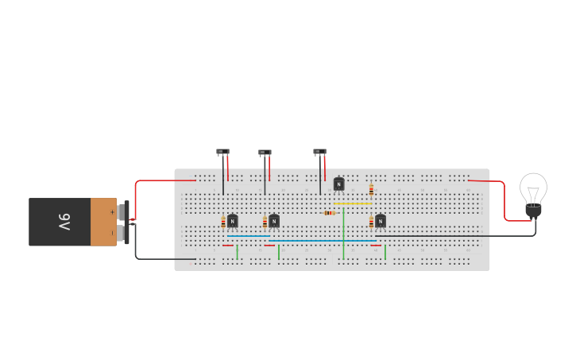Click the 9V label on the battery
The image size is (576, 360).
[x=64, y=221]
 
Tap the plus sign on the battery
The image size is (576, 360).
[x=112, y=211]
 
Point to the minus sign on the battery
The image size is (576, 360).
[x=112, y=232]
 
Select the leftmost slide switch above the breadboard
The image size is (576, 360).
[x=222, y=152]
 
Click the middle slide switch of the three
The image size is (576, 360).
[x=265, y=153]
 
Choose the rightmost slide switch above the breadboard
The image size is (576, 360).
[x=319, y=152]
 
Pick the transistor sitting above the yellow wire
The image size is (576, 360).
[x=339, y=184]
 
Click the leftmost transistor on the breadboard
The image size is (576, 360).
[x=232, y=221]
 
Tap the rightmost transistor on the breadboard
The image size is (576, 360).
[x=381, y=221]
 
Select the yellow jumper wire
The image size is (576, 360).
[x=353, y=204]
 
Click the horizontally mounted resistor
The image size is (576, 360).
[x=330, y=213]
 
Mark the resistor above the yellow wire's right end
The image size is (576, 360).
[x=371, y=190]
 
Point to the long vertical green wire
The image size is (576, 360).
[x=343, y=234]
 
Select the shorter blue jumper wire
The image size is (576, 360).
[x=248, y=235]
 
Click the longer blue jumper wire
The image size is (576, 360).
[x=322, y=240]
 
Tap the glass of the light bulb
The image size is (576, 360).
[x=533, y=188]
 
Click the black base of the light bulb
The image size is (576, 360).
[x=533, y=211]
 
